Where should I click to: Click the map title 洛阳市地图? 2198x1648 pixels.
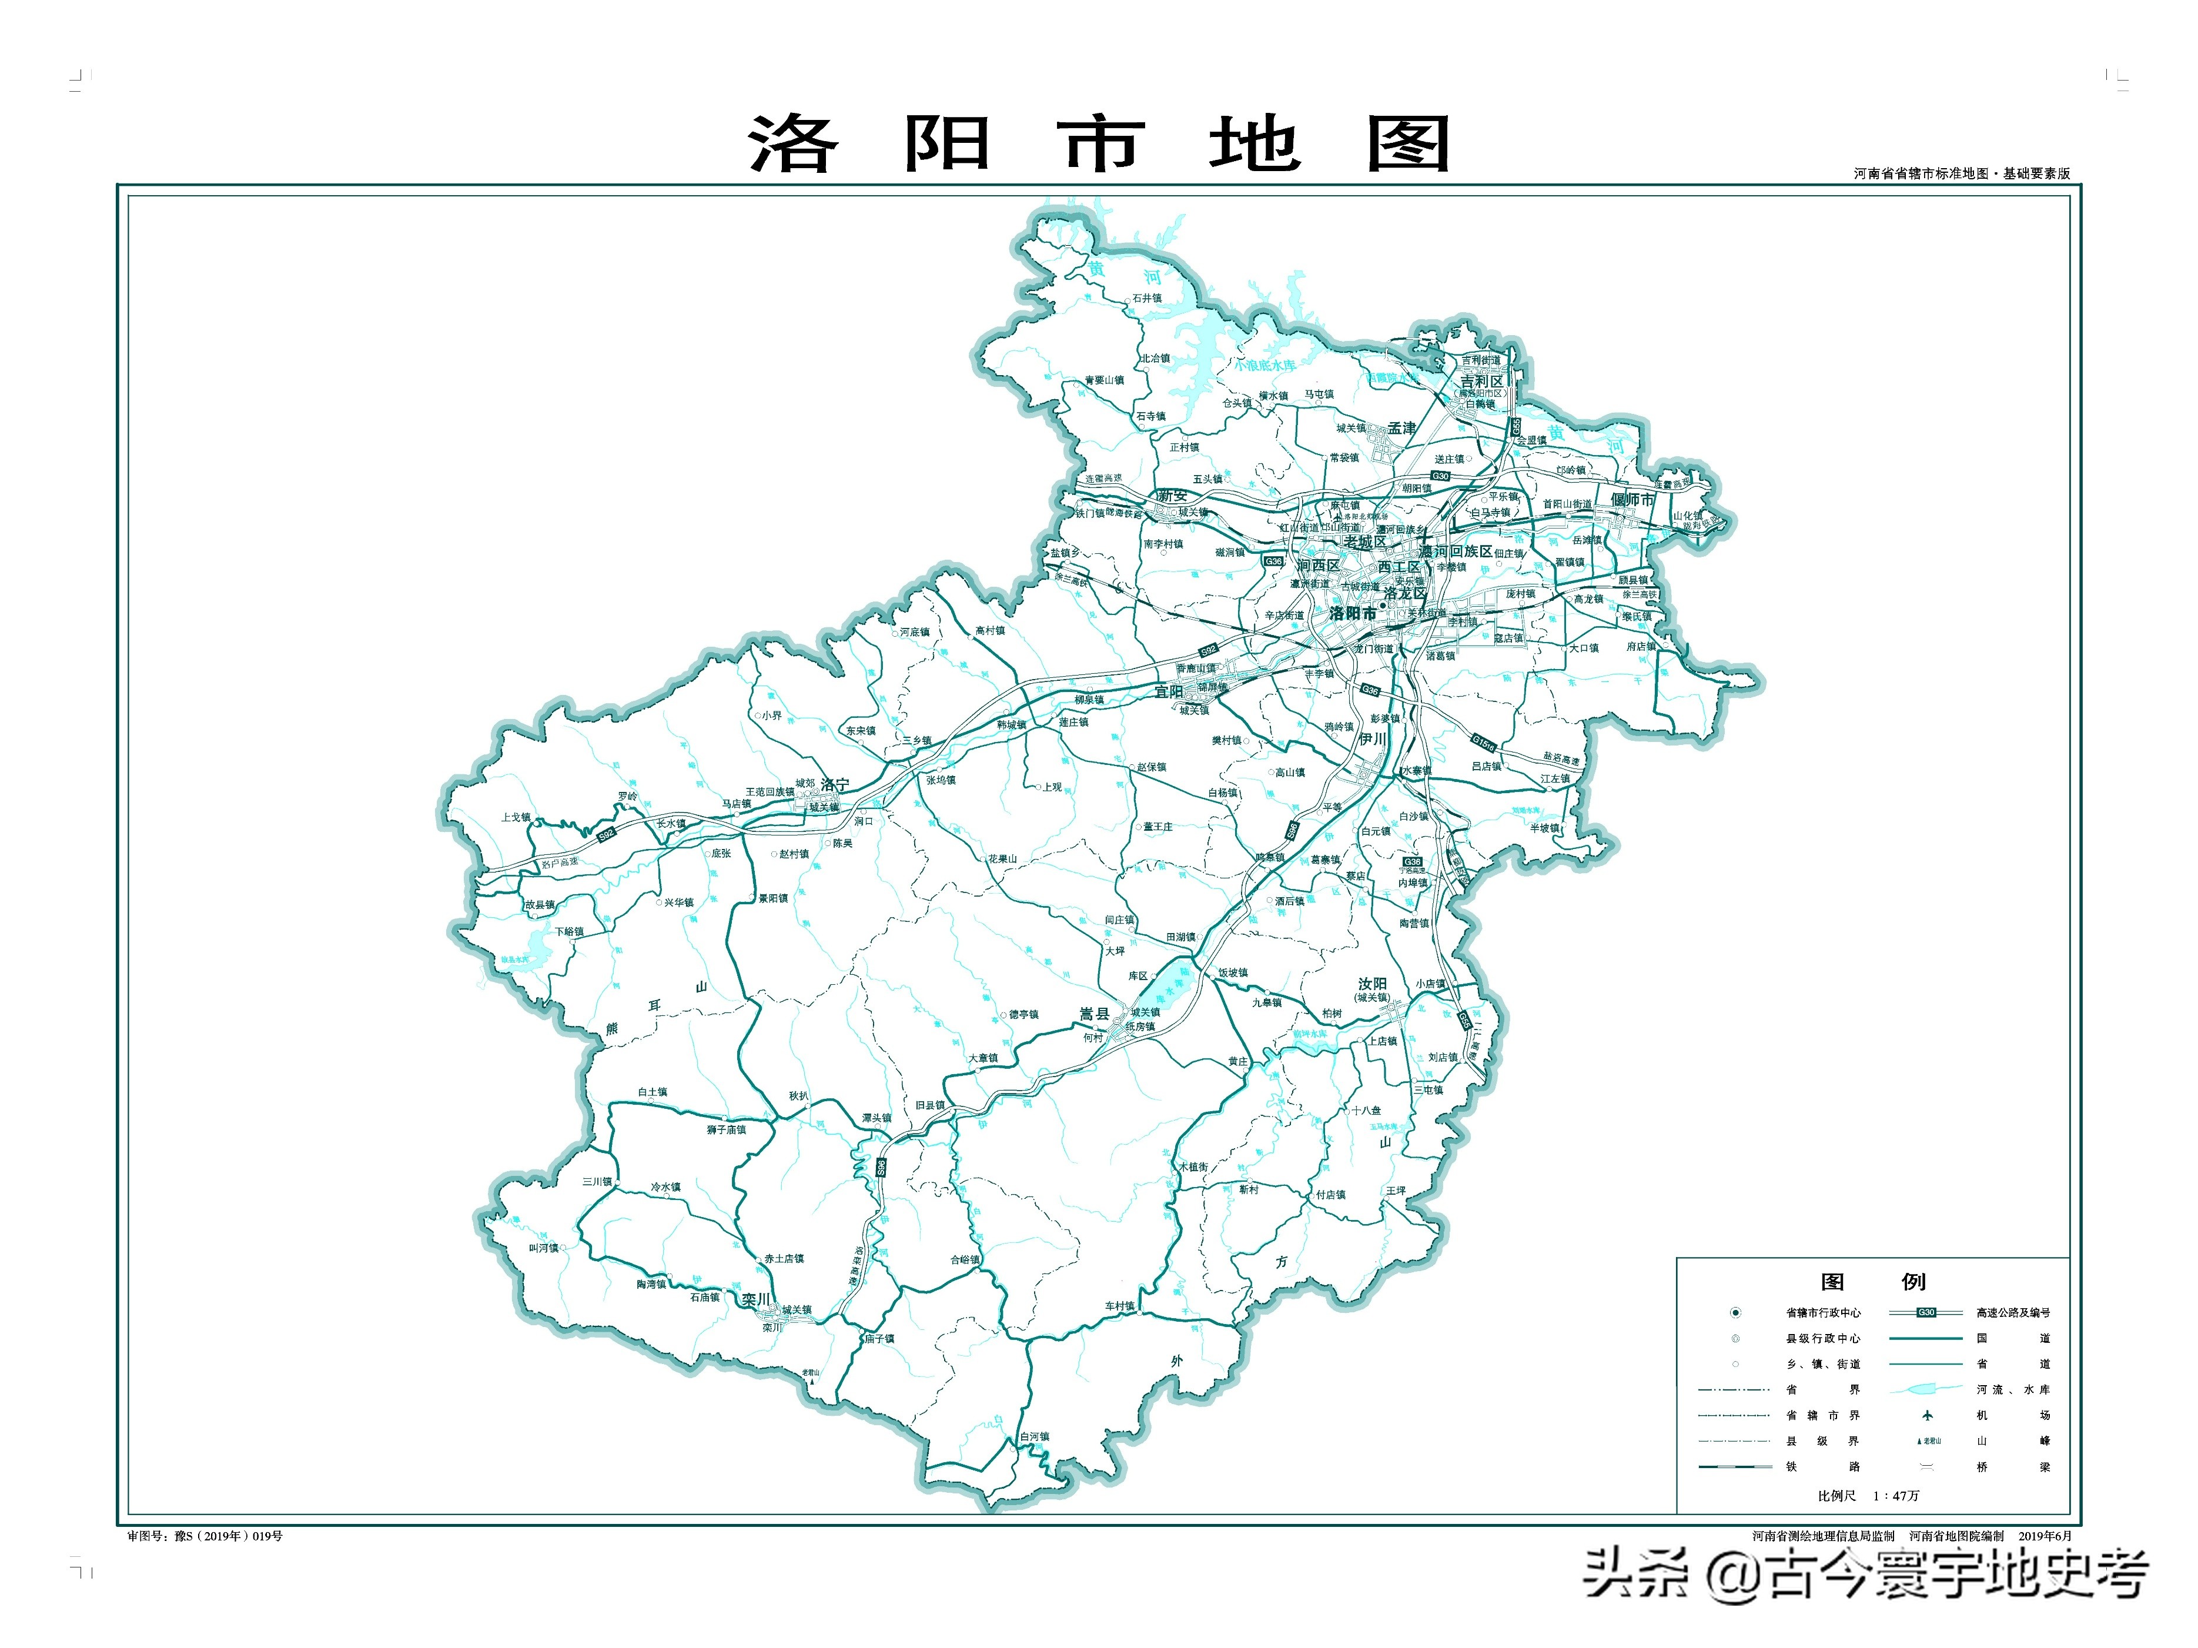click(x=1098, y=144)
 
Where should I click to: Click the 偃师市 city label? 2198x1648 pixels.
click(x=1632, y=500)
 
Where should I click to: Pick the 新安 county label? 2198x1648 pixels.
click(x=1173, y=495)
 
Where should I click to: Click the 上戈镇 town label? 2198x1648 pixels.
click(x=516, y=817)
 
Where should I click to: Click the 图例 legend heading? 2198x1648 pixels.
click(x=1872, y=1281)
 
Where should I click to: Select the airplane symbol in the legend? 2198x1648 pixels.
click(x=1928, y=1415)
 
